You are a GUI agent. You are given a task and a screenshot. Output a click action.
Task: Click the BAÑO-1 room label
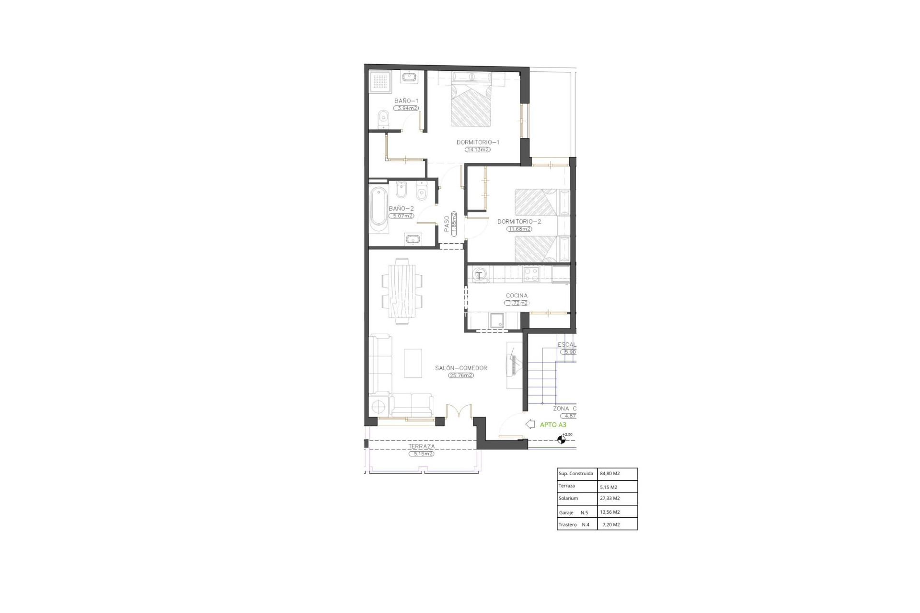pyautogui.click(x=406, y=101)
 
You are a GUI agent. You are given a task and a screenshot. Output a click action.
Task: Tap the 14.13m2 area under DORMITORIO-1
pyautogui.click(x=477, y=149)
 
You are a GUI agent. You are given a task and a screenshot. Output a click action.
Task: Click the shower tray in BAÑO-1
pyautogui.click(x=381, y=82)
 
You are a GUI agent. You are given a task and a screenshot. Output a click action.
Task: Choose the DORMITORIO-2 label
pyautogui.click(x=519, y=222)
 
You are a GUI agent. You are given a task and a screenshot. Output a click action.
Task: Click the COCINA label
pyautogui.click(x=517, y=295)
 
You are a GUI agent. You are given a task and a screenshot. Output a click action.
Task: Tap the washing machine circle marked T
pyautogui.click(x=479, y=275)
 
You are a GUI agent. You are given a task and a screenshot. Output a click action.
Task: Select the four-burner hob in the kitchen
pyautogui.click(x=531, y=274)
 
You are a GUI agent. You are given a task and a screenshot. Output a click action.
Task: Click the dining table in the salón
pyautogui.click(x=402, y=291)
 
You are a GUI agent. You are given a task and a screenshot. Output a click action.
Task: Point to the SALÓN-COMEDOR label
pyautogui.click(x=461, y=368)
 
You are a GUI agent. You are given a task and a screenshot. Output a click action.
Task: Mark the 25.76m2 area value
pyautogui.click(x=461, y=375)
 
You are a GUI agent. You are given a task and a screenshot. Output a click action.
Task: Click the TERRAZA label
pyautogui.click(x=421, y=446)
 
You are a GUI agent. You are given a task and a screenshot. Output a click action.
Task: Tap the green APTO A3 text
pyautogui.click(x=553, y=425)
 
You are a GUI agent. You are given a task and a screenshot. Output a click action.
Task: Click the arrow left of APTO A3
pyautogui.click(x=530, y=424)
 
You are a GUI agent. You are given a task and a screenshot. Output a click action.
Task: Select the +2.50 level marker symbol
pyautogui.click(x=561, y=439)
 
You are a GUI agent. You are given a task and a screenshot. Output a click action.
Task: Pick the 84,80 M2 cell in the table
pyautogui.click(x=609, y=474)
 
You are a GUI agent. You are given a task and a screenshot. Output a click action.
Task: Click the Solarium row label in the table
pyautogui.click(x=568, y=499)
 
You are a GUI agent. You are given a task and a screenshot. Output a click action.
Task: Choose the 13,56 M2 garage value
pyautogui.click(x=609, y=512)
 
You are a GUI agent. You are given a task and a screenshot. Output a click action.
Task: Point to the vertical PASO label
pyautogui.click(x=447, y=224)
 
